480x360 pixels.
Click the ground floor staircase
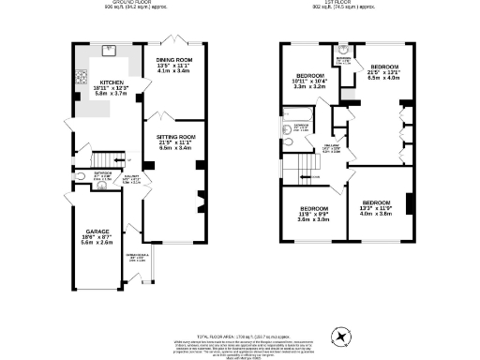point(112,160)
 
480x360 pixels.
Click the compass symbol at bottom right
point(340,333)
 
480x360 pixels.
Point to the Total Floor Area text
point(240,308)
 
